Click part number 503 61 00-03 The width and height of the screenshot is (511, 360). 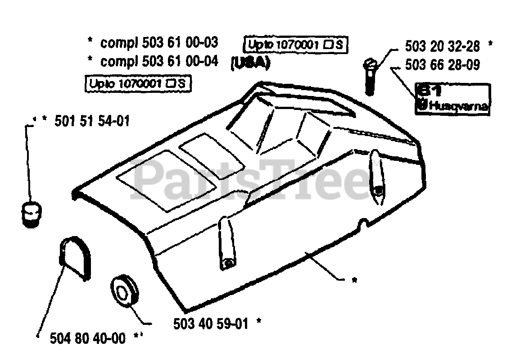point(180,43)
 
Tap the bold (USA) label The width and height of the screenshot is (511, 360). point(250,63)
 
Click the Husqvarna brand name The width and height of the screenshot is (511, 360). point(458,107)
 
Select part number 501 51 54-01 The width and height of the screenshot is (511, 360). point(92,121)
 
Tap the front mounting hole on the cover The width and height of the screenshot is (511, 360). point(228,262)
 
